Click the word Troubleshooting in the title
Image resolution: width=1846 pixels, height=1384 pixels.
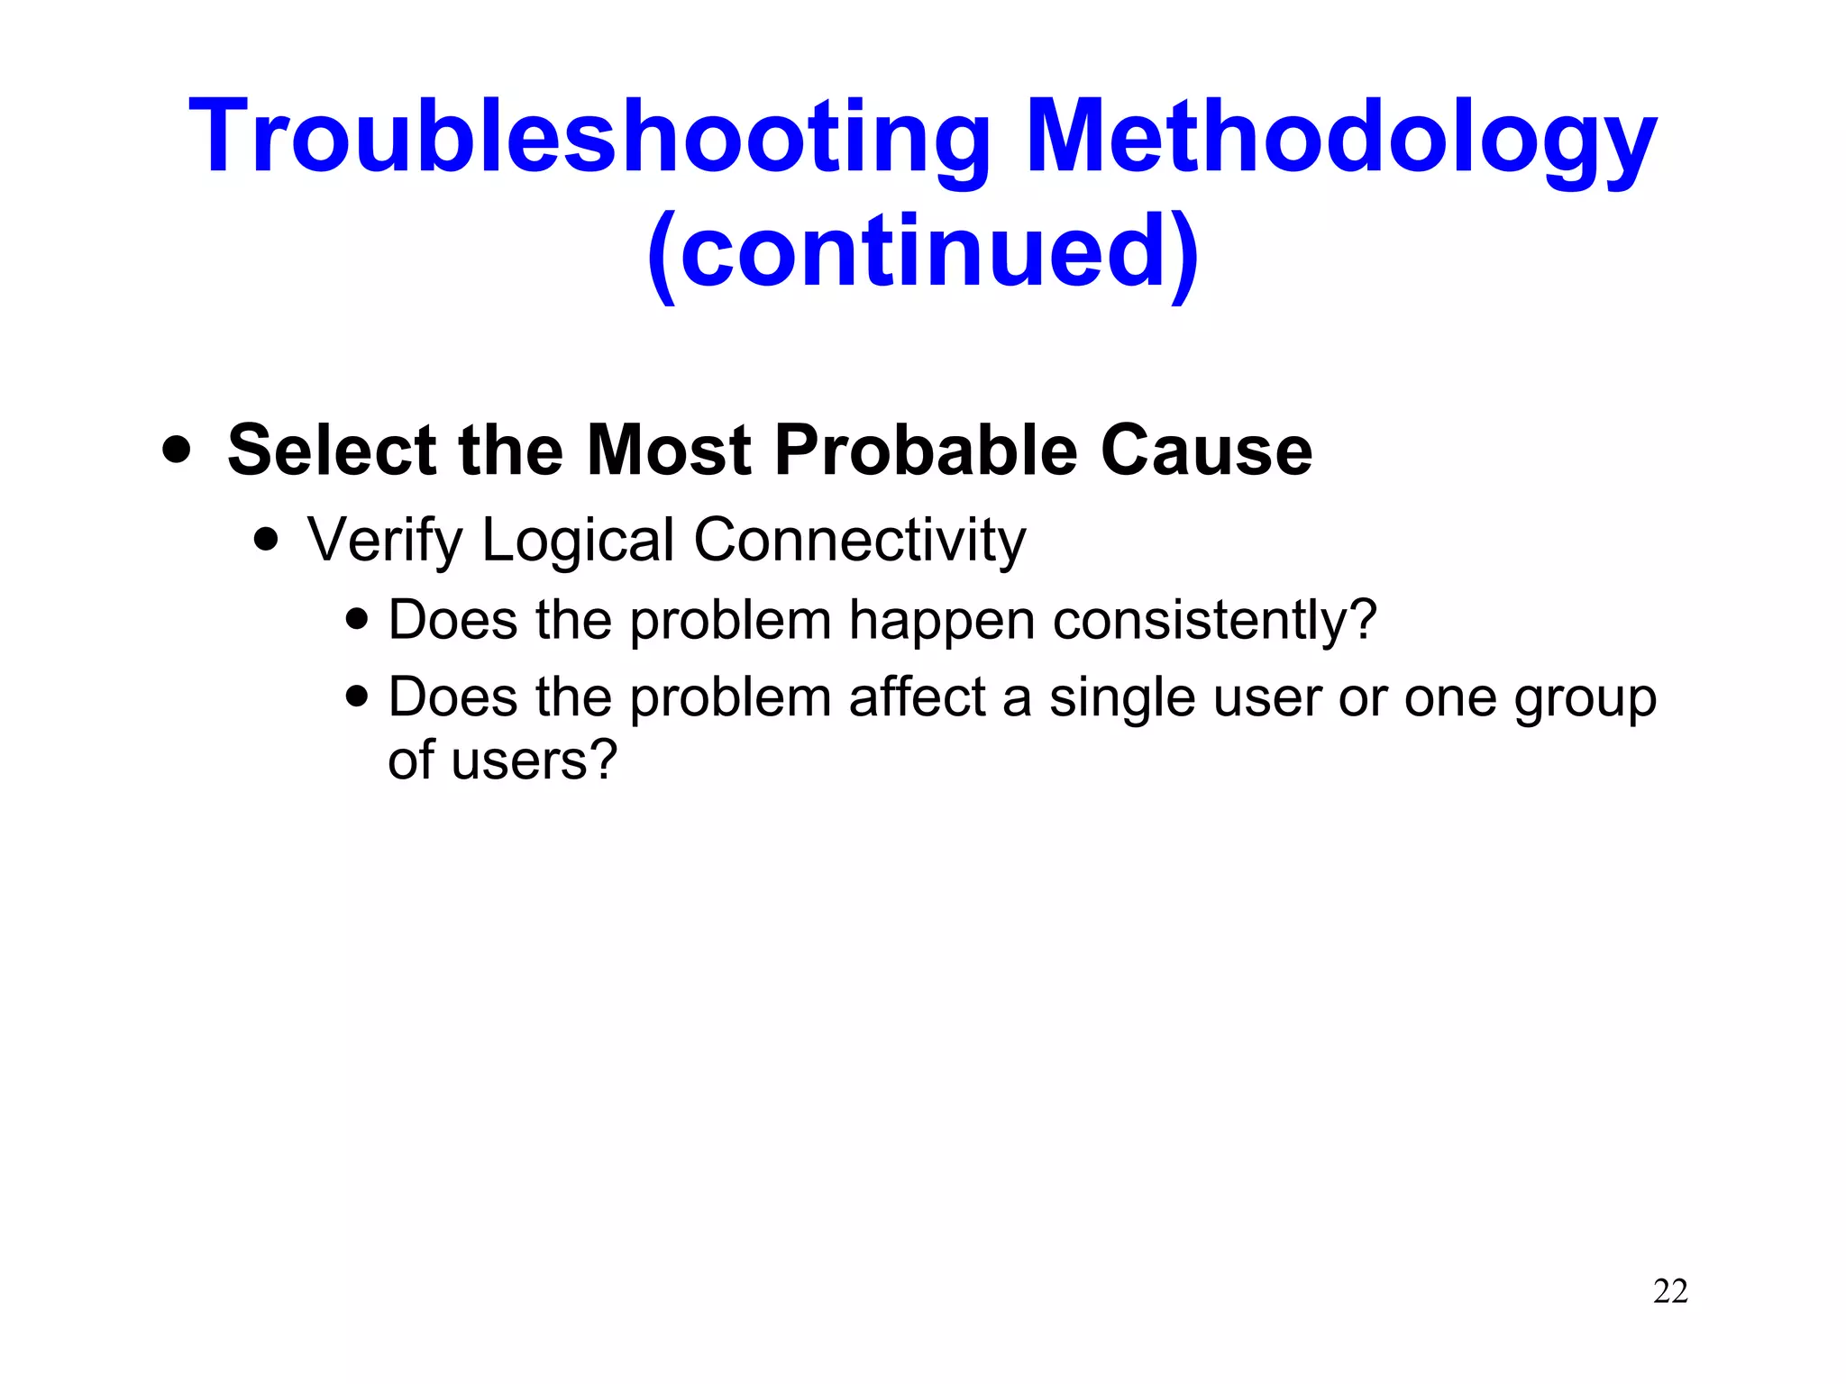coord(590,137)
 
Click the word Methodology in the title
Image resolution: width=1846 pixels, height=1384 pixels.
coord(1340,137)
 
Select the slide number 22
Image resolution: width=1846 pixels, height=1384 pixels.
coord(1670,1291)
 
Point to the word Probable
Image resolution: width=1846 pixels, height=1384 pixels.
coord(925,450)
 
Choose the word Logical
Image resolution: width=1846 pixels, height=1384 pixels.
coord(578,541)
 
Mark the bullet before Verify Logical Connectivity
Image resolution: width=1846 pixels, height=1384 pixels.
coord(266,540)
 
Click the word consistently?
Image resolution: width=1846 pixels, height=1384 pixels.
coord(1215,621)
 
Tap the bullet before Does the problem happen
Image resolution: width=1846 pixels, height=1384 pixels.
coord(357,619)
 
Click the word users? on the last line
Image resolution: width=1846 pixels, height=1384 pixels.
coord(534,760)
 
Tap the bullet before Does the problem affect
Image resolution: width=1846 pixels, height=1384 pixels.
coord(357,697)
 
